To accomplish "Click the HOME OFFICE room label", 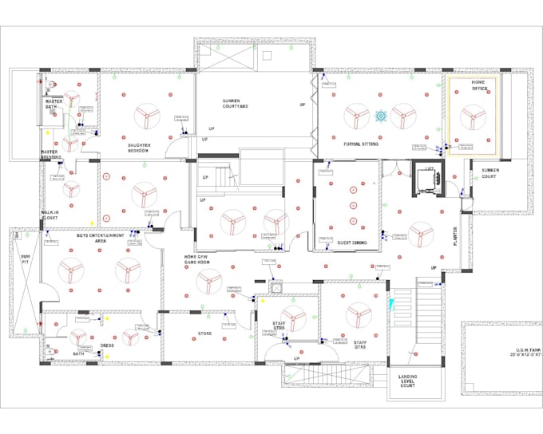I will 478,85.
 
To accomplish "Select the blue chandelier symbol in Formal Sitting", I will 381,116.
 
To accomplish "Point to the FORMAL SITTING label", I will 361,144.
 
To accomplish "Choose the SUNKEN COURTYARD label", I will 237,104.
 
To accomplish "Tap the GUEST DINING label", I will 351,243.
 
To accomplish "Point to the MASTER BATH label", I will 54,105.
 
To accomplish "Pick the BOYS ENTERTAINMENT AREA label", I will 100,238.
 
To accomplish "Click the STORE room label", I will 205,333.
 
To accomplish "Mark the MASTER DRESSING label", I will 52,155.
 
